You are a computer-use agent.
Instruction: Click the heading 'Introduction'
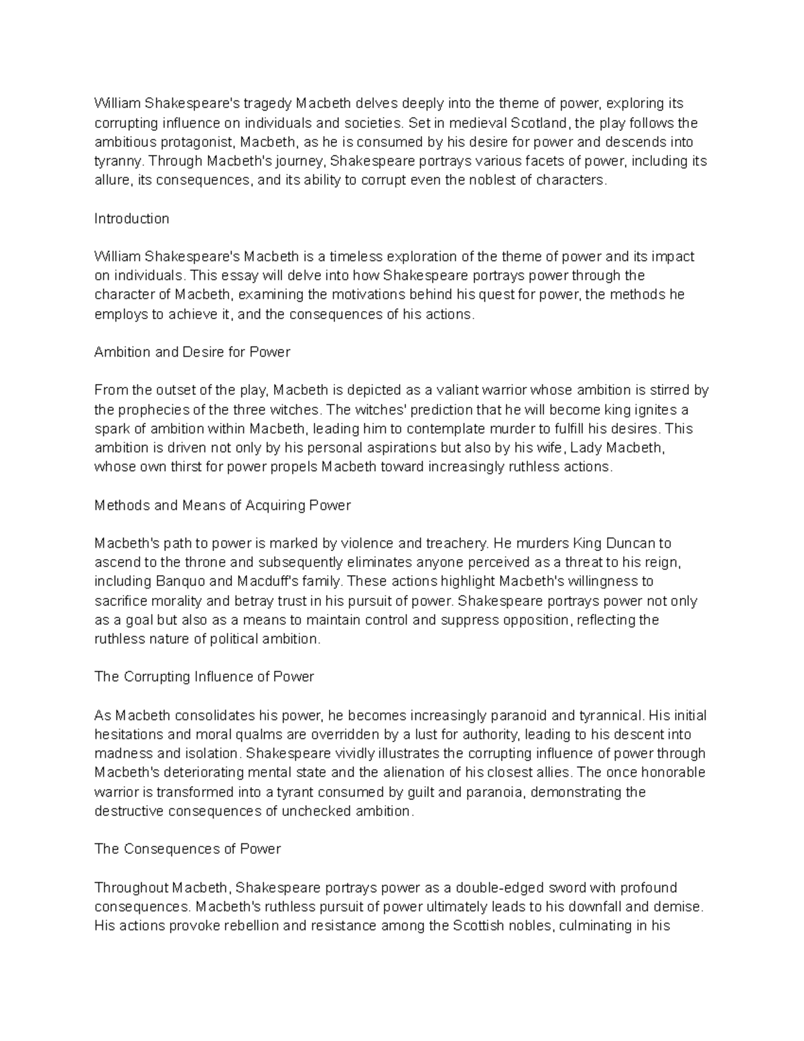click(131, 219)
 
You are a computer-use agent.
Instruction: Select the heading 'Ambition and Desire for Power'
click(192, 352)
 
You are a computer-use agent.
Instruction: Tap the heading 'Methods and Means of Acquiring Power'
click(222, 505)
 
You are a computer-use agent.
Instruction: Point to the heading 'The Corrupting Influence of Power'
click(204, 676)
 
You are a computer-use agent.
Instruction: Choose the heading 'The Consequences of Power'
click(187, 849)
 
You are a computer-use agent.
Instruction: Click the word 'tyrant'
click(293, 792)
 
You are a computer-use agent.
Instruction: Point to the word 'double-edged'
click(496, 887)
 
